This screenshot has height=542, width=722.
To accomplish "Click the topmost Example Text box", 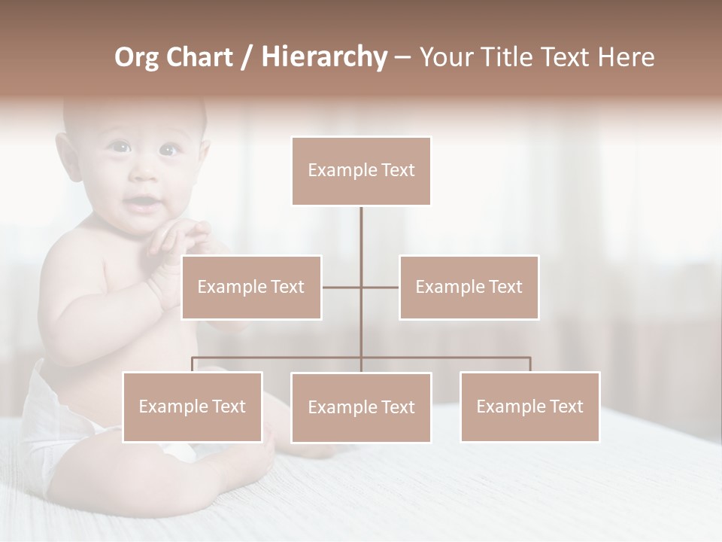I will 361,171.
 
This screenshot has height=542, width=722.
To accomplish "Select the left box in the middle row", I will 251,287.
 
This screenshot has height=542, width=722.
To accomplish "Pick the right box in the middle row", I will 469,287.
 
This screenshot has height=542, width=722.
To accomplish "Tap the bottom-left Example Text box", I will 193,406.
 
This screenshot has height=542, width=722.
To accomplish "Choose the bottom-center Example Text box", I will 361,407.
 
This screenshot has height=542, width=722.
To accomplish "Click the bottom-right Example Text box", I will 530,406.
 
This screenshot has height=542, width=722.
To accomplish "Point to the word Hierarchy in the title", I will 323,57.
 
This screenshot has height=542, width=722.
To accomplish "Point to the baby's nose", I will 143,175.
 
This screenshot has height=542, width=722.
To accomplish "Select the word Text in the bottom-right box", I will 566,406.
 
